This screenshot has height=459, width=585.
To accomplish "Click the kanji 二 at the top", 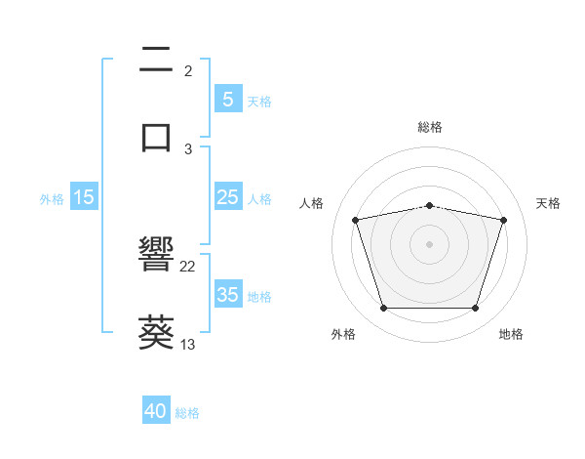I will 156,62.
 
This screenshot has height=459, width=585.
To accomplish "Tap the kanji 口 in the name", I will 156,136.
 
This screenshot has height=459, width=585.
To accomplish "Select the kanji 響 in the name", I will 156,257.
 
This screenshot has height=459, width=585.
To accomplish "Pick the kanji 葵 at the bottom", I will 156,331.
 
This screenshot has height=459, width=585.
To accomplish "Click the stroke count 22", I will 188,267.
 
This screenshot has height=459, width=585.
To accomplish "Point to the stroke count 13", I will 188,344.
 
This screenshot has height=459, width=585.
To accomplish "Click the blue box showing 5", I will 227,99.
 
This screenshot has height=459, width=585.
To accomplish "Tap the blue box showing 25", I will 227,197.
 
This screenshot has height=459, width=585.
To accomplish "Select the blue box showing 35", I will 227,295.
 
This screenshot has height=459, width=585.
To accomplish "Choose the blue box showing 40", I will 156,411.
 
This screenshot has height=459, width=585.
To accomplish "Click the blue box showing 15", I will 84,197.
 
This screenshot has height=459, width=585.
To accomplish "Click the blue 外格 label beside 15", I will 52,198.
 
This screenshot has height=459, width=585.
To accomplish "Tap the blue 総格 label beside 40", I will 187,413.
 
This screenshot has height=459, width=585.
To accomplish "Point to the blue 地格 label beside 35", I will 259,296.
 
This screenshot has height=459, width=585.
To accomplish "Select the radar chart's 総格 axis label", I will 430,127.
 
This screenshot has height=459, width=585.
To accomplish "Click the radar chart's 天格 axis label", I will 548,203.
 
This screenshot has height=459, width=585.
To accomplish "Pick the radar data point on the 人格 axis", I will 356,220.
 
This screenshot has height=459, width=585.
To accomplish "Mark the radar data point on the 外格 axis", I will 384,309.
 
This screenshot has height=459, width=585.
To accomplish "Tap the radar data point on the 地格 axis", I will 475,309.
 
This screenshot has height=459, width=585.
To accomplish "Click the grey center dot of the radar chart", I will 430,244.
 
